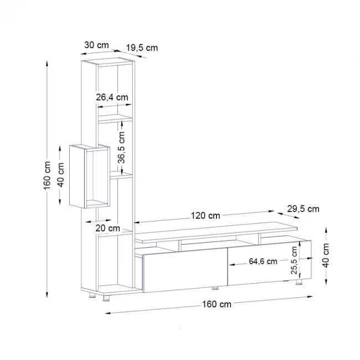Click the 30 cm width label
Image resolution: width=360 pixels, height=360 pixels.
(x=96, y=45)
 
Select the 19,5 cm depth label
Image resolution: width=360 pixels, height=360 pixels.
(x=142, y=48)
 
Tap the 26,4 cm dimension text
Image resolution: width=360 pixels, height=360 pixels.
(x=112, y=97)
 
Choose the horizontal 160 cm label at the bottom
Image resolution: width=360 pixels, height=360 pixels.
(x=217, y=304)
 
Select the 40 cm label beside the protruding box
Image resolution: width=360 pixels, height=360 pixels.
(x=61, y=174)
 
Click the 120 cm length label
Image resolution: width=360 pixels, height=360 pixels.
(x=206, y=215)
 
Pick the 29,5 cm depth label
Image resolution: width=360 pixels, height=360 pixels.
(x=304, y=209)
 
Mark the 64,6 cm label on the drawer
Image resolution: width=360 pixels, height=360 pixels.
(x=263, y=261)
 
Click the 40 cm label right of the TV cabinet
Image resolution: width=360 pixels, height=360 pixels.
(x=326, y=255)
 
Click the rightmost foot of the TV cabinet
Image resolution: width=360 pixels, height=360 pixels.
(x=299, y=283)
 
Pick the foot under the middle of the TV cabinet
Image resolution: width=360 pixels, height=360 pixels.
(x=215, y=288)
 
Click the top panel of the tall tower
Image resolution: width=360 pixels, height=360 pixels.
(x=108, y=60)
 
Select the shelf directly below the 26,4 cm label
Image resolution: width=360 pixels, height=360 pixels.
(x=116, y=118)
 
